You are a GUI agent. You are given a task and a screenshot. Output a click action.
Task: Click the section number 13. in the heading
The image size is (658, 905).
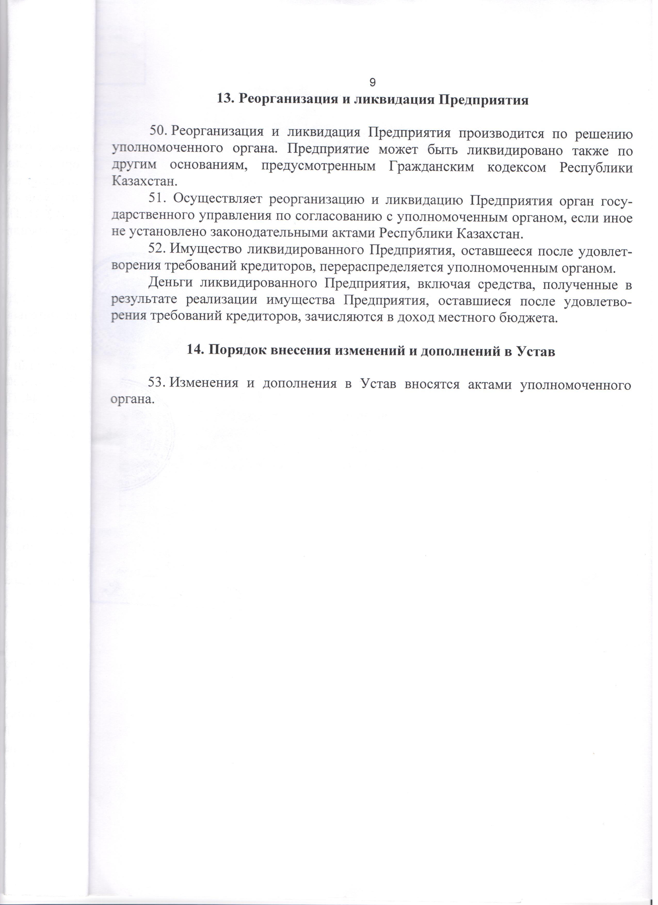click(x=224, y=99)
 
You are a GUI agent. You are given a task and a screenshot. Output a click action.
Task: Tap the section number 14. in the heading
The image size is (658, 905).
click(x=196, y=350)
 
